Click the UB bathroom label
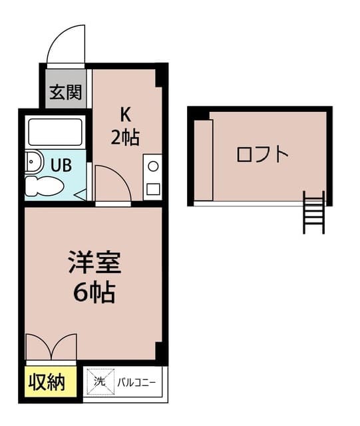click(x=63, y=164)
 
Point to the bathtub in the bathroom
click(x=55, y=131)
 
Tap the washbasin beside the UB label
click(x=31, y=162)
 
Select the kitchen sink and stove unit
click(x=152, y=176)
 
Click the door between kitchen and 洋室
click(x=111, y=184)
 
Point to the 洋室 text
click(x=94, y=262)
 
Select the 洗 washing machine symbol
click(x=98, y=381)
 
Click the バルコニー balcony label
click(x=136, y=382)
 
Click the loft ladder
click(x=313, y=212)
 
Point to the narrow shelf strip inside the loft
click(x=204, y=160)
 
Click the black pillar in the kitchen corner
click(x=160, y=75)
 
